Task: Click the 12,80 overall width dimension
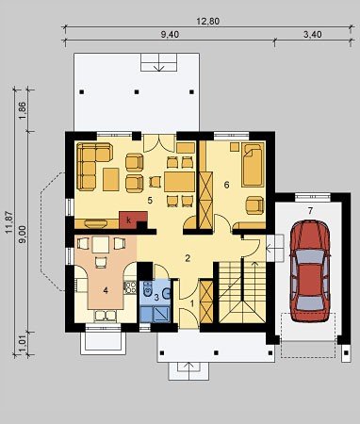click(207, 22)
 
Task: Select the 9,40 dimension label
click(170, 35)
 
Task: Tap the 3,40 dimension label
click(313, 35)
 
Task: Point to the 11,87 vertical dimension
click(8, 222)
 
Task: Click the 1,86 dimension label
click(23, 111)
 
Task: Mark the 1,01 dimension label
click(23, 345)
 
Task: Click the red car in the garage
click(310, 270)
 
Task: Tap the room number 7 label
click(310, 211)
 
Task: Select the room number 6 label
click(226, 185)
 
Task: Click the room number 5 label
click(150, 200)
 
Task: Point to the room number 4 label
click(106, 290)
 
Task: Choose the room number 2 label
click(188, 258)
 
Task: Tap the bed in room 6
click(254, 165)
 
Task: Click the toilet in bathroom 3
click(147, 288)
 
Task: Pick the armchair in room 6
click(254, 205)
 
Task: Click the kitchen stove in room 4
click(130, 287)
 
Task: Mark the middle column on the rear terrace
click(137, 92)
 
